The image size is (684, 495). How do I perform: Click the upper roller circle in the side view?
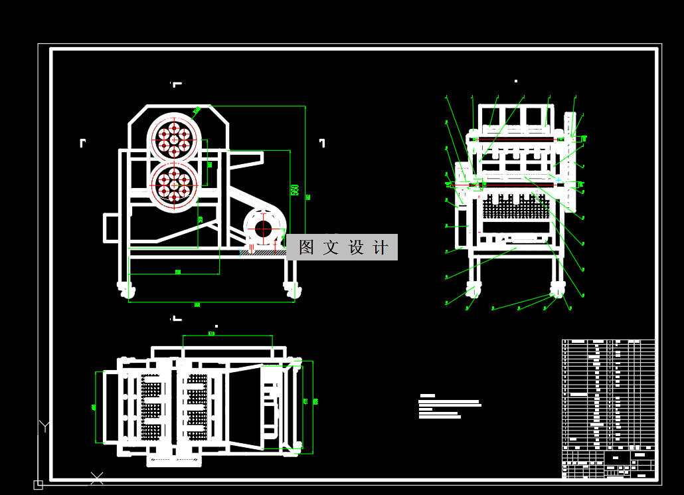pos(174,139)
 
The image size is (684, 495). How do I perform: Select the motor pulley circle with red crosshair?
pos(263,229)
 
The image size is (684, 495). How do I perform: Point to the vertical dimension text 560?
pos(294,189)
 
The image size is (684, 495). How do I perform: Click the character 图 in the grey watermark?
pos(306,247)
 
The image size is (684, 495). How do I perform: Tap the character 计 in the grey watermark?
pos(381,247)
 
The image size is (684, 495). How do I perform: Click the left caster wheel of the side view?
pos(126,289)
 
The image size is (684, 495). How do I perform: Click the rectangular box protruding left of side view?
pos(110,227)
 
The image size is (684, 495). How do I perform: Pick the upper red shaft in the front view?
pos(511,140)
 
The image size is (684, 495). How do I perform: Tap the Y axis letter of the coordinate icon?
pos(44,426)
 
